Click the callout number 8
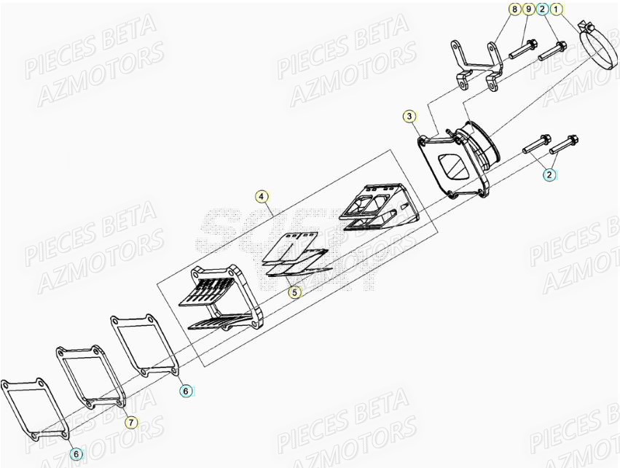(x=514, y=10)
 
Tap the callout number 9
(x=527, y=10)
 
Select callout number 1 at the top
(x=556, y=10)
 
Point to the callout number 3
(x=410, y=117)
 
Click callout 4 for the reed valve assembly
(x=259, y=196)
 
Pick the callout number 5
(x=294, y=292)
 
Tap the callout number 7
(x=130, y=422)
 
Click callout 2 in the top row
(x=542, y=10)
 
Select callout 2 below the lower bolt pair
(x=549, y=175)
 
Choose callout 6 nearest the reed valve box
(x=186, y=391)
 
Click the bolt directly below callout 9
(x=521, y=50)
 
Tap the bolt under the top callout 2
(x=552, y=51)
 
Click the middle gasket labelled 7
(x=89, y=377)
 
